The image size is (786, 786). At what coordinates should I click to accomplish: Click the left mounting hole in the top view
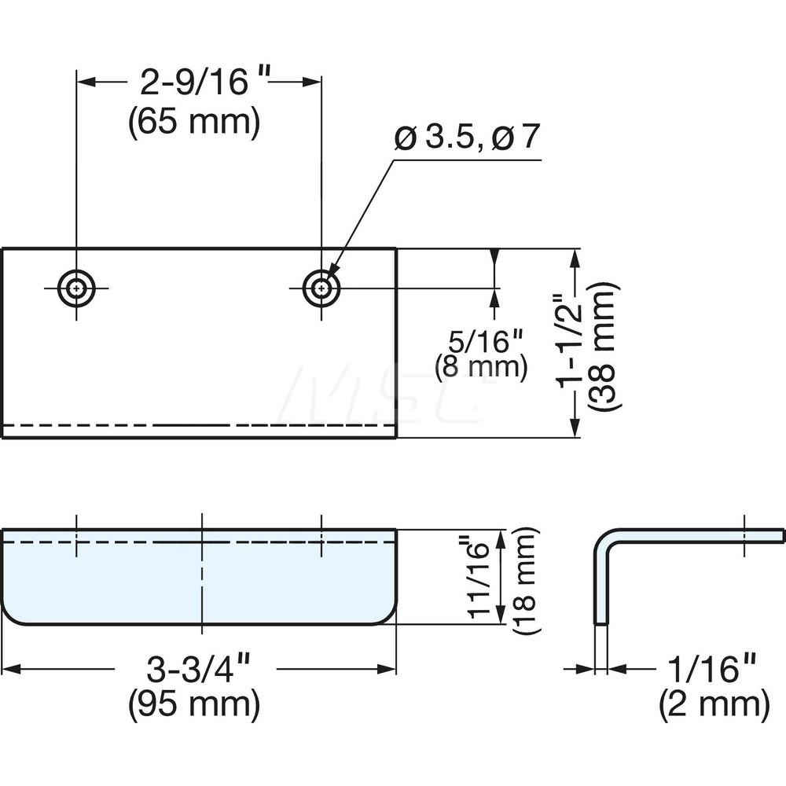click(76, 288)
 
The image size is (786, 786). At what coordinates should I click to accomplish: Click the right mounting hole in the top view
click(321, 288)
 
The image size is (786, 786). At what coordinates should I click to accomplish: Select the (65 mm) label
click(194, 123)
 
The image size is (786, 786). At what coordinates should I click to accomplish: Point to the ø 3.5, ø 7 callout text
click(468, 138)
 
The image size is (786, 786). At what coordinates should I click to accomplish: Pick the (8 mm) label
click(480, 367)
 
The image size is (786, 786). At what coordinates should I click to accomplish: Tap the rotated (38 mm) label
click(606, 344)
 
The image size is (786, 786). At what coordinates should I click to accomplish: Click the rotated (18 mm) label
click(525, 580)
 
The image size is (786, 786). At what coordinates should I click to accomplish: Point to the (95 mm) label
click(194, 703)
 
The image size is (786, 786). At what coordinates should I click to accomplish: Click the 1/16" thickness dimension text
click(708, 670)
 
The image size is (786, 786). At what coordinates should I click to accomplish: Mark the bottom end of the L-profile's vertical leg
click(601, 623)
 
